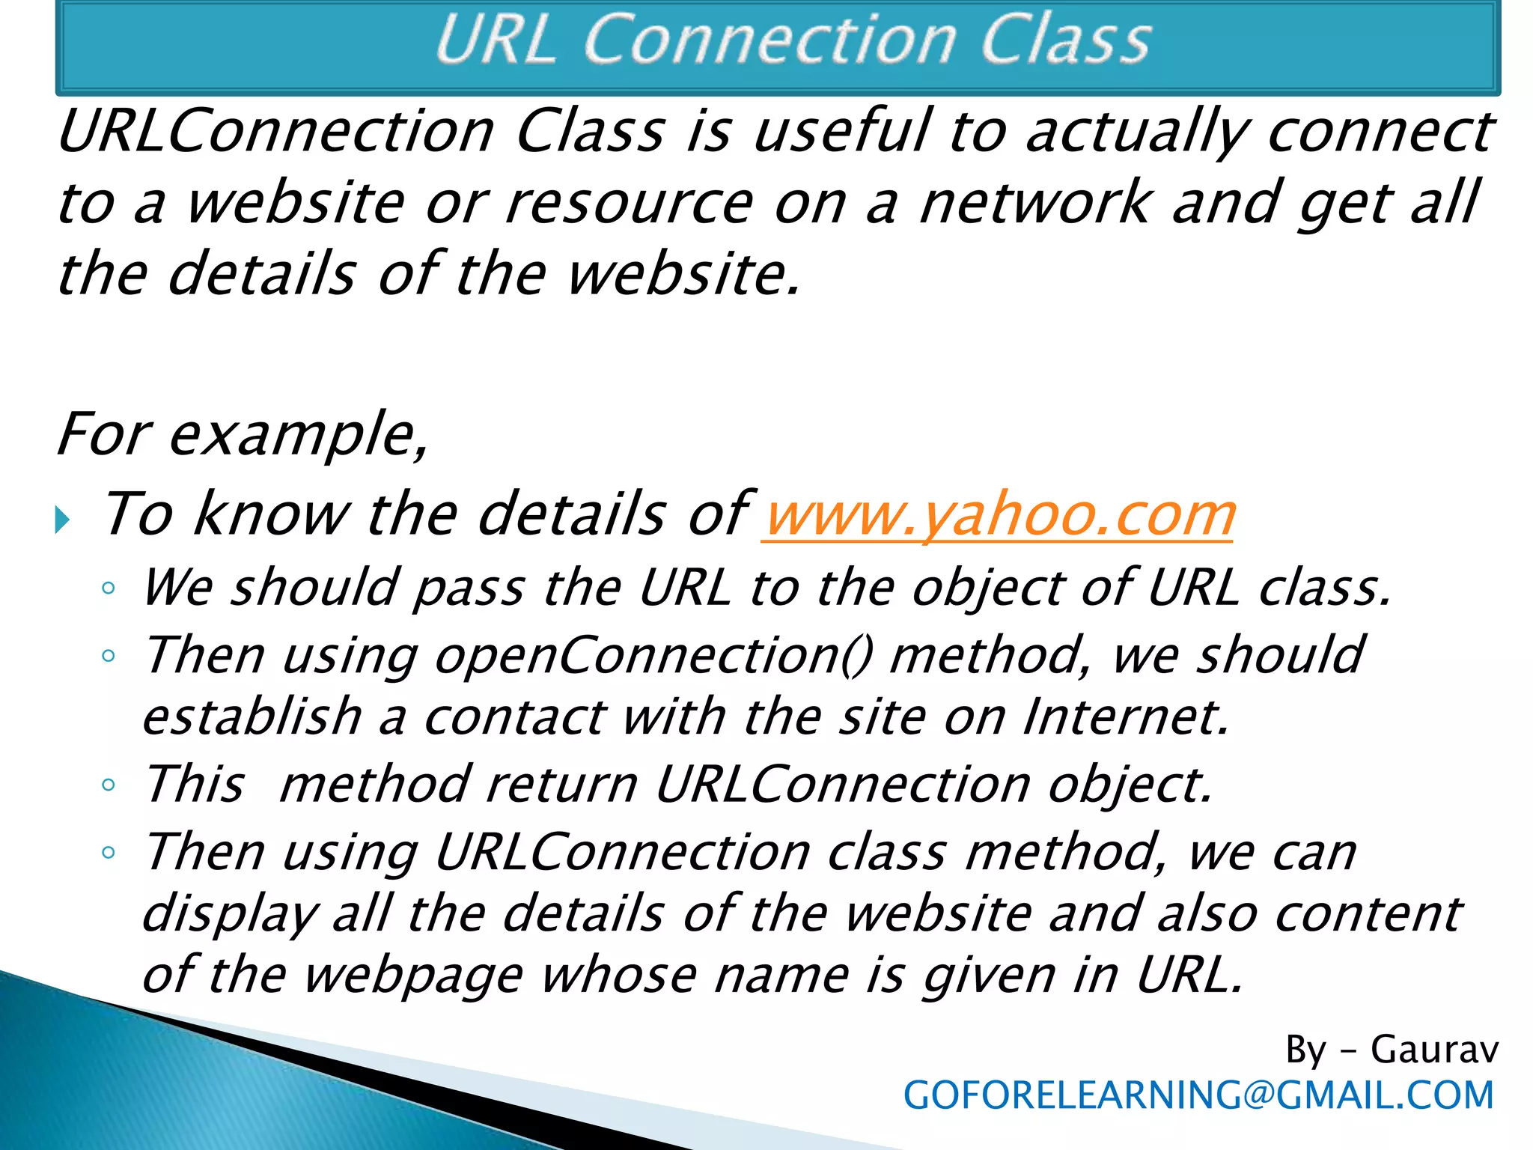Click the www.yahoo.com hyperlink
click(1000, 515)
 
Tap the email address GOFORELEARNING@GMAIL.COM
click(1198, 1095)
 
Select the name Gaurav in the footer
click(1434, 1049)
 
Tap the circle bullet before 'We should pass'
click(109, 588)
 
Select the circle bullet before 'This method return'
click(109, 785)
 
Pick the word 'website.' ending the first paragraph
click(684, 274)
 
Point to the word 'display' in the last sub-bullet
click(228, 915)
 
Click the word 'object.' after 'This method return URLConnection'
click(1130, 785)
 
